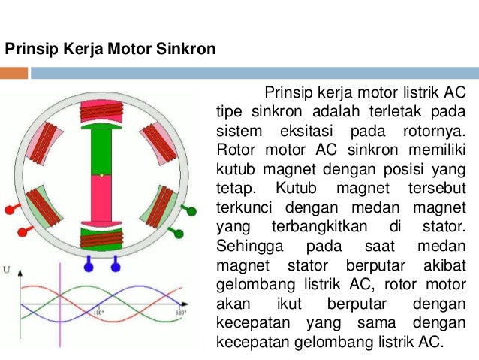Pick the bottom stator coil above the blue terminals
click(100, 237)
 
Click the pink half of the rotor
click(100, 199)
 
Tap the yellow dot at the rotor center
click(100, 176)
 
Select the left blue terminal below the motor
click(89, 265)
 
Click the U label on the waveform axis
click(6, 269)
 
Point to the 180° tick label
click(98, 312)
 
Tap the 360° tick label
click(180, 312)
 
